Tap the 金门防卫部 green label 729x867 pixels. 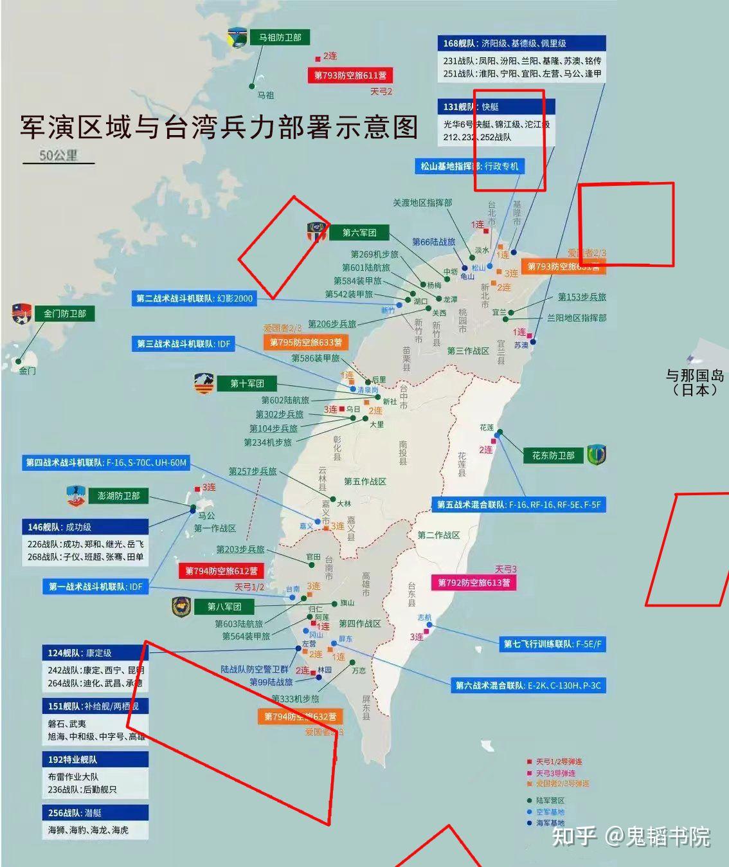click(x=64, y=314)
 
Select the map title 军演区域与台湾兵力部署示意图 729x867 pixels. click(x=219, y=127)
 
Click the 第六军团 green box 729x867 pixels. click(x=359, y=233)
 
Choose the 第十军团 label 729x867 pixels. click(x=248, y=384)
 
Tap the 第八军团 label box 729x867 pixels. click(x=224, y=607)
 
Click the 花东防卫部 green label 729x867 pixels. click(x=553, y=455)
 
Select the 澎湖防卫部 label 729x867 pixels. click(x=118, y=496)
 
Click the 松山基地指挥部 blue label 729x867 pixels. click(x=469, y=167)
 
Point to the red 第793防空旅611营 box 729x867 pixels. click(x=350, y=76)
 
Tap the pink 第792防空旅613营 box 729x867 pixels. click(x=474, y=583)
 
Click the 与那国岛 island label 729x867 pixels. click(x=694, y=382)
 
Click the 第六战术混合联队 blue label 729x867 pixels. click(x=528, y=686)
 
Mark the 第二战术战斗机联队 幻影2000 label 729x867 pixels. click(x=194, y=298)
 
